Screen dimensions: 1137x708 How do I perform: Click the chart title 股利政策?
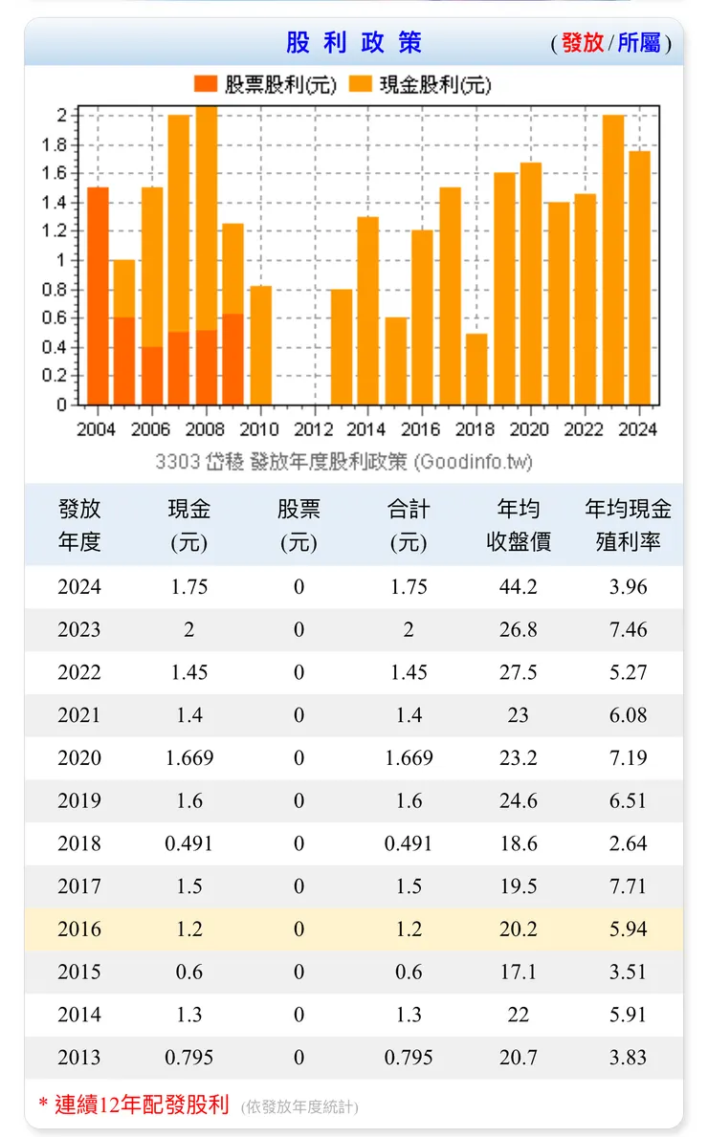[353, 43]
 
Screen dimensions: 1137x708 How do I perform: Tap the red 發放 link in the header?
[582, 43]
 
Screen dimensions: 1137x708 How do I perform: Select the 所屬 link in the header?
[639, 43]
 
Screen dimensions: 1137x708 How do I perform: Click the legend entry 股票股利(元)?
[265, 85]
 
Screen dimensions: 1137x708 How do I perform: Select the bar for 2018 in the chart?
[476, 369]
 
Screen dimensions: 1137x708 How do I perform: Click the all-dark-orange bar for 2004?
[98, 296]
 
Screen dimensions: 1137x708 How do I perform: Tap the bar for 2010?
[260, 345]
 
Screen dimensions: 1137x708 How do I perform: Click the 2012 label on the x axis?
[313, 429]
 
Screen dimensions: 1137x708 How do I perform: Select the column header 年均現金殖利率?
[629, 525]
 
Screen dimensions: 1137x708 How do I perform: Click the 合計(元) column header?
[409, 525]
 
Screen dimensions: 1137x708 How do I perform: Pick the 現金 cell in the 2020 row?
[189, 758]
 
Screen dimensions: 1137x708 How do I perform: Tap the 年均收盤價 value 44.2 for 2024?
[519, 587]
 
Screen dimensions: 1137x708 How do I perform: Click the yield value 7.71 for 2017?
[629, 886]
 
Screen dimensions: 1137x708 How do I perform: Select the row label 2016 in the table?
[78, 929]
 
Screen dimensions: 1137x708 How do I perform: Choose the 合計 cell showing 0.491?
[409, 843]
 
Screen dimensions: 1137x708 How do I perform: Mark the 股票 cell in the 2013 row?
[299, 1058]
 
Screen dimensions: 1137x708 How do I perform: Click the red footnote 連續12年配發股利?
[142, 1105]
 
